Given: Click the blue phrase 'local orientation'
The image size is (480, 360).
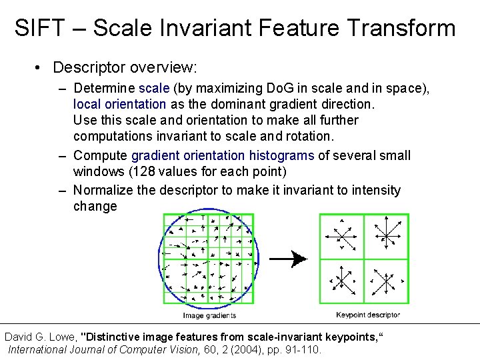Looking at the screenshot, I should point(119,104).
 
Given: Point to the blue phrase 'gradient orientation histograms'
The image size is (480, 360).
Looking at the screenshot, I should point(223,155).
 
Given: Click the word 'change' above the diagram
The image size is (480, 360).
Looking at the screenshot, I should point(95,206).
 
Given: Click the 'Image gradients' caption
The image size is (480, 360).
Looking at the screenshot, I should point(209,315).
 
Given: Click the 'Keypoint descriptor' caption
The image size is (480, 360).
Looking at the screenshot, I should point(368,315).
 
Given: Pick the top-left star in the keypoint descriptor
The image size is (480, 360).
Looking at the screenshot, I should point(342,236).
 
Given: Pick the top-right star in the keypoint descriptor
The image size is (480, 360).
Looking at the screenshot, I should point(385,235).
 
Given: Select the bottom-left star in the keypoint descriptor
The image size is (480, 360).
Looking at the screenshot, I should point(342,281).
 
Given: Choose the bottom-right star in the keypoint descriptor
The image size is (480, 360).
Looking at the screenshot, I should point(385,281).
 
